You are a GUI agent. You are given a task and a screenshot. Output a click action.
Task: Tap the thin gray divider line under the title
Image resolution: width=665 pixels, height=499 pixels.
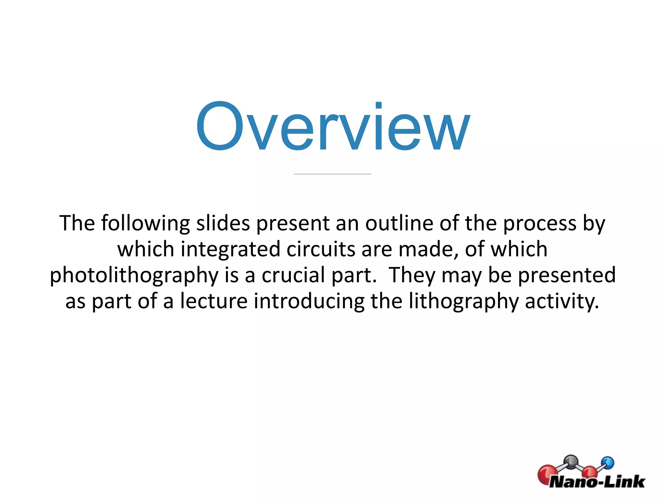tap(332, 174)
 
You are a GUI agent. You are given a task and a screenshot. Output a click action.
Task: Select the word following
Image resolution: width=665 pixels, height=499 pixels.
tap(145, 224)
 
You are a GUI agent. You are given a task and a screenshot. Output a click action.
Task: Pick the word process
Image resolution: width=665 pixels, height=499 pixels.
tap(540, 224)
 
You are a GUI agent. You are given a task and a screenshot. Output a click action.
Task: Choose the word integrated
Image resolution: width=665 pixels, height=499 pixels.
tap(230, 249)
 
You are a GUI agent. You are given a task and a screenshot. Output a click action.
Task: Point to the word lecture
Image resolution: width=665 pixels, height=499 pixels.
tap(214, 301)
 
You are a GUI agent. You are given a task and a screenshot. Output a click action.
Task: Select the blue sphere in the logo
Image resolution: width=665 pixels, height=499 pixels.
tap(608, 463)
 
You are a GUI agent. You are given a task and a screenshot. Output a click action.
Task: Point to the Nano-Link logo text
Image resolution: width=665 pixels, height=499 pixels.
tap(597, 481)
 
